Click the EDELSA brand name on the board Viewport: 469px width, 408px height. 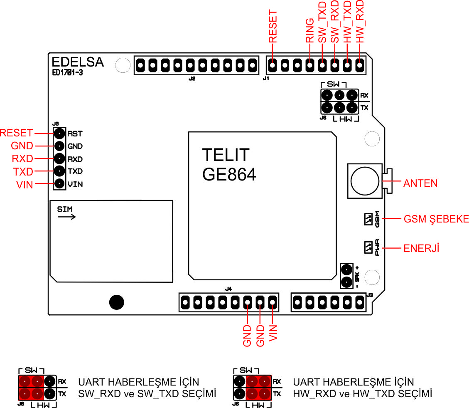pyautogui.click(x=78, y=62)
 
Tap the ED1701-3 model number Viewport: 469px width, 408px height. pyautogui.click(x=67, y=72)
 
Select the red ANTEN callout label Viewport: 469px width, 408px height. pyautogui.click(x=420, y=183)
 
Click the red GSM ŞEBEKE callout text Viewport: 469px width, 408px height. pyautogui.click(x=436, y=219)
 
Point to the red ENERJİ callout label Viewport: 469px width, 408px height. pyautogui.click(x=421, y=248)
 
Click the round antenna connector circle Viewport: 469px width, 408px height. pyautogui.click(x=365, y=181)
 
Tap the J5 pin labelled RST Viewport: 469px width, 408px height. pyautogui.click(x=59, y=134)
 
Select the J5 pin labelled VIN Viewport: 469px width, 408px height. pyautogui.click(x=59, y=183)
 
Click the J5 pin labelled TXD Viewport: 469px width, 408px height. pyautogui.click(x=59, y=171)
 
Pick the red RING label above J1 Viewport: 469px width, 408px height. pyautogui.click(x=309, y=30)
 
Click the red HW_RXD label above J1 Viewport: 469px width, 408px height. pyautogui.click(x=359, y=21)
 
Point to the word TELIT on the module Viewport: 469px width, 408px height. pyautogui.click(x=226, y=155)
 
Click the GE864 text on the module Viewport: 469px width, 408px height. pyautogui.click(x=229, y=174)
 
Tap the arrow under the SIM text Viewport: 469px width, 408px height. pyautogui.click(x=67, y=217)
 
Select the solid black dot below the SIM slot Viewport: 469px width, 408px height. pyautogui.click(x=117, y=302)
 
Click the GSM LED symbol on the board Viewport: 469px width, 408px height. pyautogui.click(x=368, y=219)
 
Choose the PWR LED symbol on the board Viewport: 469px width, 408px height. pyautogui.click(x=368, y=248)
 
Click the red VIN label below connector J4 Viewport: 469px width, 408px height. pyautogui.click(x=273, y=333)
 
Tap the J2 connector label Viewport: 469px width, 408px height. pyautogui.click(x=192, y=79)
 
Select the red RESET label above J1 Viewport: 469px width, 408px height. pyautogui.click(x=273, y=26)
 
